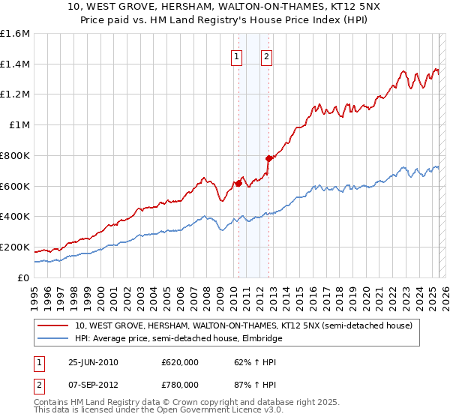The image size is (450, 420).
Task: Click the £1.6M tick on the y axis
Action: (x=14, y=34)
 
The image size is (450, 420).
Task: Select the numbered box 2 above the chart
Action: (x=266, y=55)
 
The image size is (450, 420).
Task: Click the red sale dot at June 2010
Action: (x=238, y=183)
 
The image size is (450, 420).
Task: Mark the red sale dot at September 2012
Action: (x=268, y=158)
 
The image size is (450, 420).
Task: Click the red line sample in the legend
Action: (x=52, y=326)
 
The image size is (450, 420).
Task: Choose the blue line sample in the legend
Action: (x=52, y=338)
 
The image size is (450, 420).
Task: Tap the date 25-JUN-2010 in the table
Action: (x=93, y=363)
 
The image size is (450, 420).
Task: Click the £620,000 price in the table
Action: (x=180, y=363)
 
